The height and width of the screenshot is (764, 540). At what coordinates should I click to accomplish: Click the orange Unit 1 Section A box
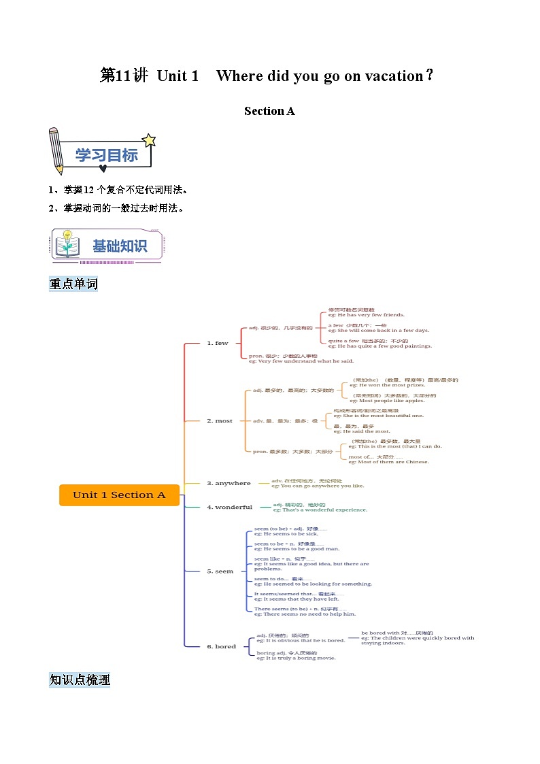pos(119,495)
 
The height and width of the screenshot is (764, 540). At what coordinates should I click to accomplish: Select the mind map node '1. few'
pos(218,343)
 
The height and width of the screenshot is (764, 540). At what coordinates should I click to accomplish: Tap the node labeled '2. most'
pos(220,420)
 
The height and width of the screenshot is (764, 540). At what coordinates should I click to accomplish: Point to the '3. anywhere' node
pos(229,483)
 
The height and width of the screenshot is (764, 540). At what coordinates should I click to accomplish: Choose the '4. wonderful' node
pos(229,507)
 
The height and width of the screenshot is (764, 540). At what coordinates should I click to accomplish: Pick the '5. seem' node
pos(220,571)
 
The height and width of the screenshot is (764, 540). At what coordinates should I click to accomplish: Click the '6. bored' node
pos(221,646)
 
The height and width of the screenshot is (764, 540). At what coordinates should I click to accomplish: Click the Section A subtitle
pos(269,111)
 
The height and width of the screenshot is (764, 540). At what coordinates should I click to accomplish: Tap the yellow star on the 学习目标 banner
pos(149,140)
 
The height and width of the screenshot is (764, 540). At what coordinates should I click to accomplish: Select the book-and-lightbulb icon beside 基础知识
pos(67,244)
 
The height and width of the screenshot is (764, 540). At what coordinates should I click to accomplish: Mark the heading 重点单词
pos(73,284)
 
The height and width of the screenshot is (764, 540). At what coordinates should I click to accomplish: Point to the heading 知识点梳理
pos(80,680)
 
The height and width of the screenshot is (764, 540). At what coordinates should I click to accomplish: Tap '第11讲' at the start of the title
pos(124,76)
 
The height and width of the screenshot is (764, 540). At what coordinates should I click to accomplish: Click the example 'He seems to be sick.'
pos(282,534)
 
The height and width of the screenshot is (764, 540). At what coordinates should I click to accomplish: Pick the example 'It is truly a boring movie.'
pos(296,658)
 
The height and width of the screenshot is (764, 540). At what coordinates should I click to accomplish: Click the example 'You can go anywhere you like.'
pos(318,486)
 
